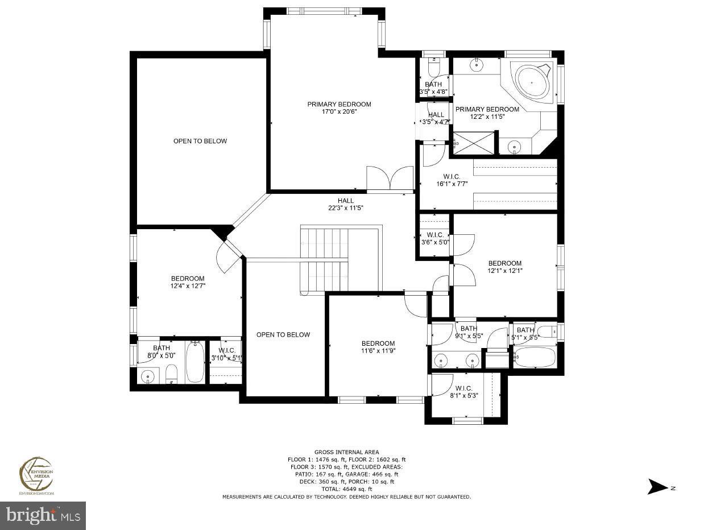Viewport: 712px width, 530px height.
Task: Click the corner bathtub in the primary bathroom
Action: (532, 83)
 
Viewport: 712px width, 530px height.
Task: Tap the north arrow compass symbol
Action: (659, 487)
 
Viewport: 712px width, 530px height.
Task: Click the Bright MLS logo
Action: (43, 515)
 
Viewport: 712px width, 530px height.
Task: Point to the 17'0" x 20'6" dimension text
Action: (340, 112)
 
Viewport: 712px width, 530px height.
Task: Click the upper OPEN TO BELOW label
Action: (200, 141)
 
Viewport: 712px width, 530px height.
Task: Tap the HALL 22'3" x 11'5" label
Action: (345, 204)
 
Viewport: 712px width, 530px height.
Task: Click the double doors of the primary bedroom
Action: (390, 179)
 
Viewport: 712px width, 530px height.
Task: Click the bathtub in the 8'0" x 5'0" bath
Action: (194, 363)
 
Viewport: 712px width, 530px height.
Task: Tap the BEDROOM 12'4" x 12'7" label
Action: (188, 282)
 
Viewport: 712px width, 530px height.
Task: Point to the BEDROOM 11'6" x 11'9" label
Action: (378, 347)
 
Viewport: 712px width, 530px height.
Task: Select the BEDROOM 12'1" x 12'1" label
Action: (505, 267)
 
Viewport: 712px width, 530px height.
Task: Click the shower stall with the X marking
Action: (473, 142)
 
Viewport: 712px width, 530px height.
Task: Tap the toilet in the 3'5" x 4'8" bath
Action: (433, 68)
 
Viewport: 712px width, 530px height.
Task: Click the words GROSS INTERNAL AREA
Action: (346, 452)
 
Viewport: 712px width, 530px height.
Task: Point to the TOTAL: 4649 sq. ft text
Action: (346, 489)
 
